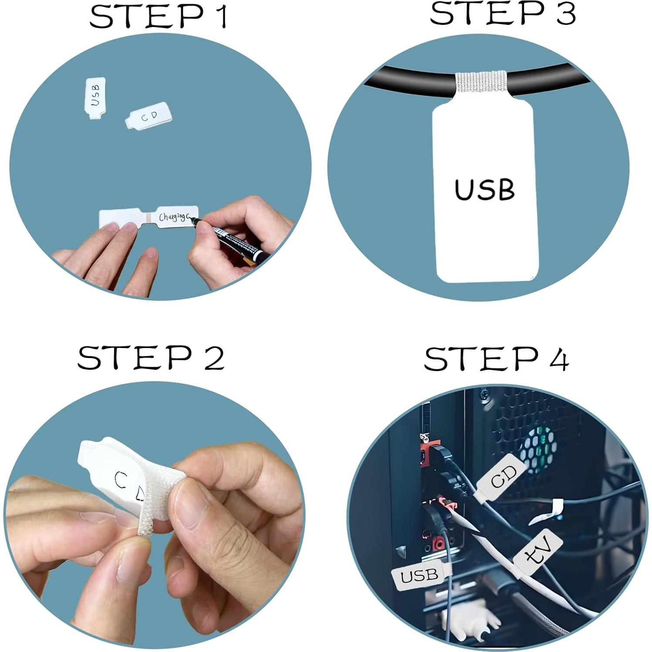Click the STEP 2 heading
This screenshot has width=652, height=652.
(x=151, y=358)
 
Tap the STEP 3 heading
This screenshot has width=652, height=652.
(x=503, y=14)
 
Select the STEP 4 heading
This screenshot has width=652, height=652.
(x=496, y=359)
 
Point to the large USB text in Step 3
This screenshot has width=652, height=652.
(x=484, y=190)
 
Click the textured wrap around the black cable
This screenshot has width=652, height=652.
(x=481, y=83)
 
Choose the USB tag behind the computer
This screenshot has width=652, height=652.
(x=418, y=576)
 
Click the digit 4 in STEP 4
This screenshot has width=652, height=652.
(x=558, y=360)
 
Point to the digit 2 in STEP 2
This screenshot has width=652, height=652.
(x=213, y=358)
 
